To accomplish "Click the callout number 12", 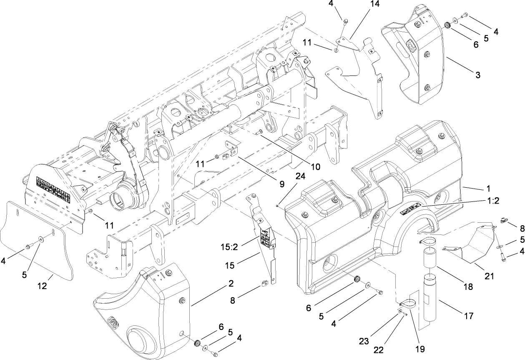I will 42,287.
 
